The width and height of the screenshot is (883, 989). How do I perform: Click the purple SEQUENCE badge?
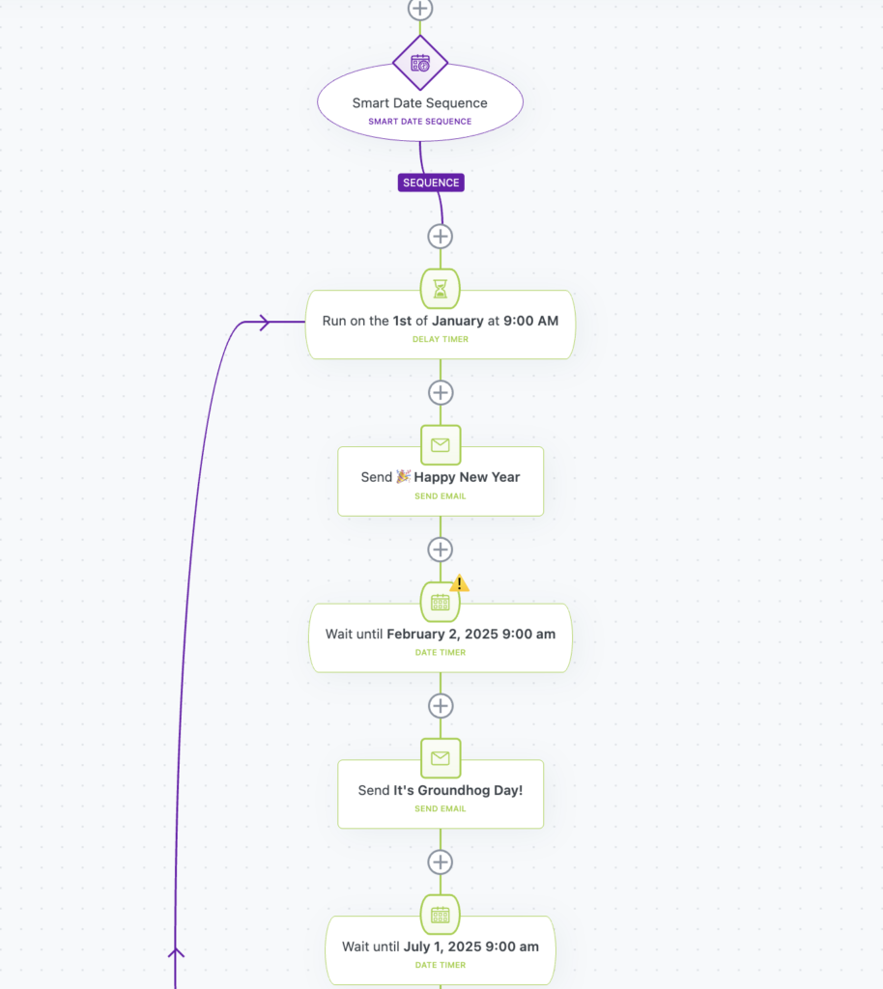tap(431, 183)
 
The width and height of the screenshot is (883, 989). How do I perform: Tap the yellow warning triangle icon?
tap(459, 582)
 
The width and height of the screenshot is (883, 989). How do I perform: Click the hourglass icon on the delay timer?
tap(441, 289)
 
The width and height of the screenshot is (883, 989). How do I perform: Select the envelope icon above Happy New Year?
tap(441, 444)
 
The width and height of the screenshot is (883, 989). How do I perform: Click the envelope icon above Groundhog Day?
tap(441, 757)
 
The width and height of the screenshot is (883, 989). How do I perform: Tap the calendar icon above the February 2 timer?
tap(441, 602)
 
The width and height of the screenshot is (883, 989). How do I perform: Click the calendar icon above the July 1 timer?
tap(441, 915)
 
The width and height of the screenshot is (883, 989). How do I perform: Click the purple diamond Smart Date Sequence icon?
tap(420, 63)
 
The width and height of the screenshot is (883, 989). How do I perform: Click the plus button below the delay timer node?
tap(441, 392)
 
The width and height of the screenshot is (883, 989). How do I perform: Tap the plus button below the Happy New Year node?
tap(441, 550)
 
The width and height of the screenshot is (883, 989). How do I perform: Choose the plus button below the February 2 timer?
tap(441, 706)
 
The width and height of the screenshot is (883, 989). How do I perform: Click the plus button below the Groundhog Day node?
tap(441, 862)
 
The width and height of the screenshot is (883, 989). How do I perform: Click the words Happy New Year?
tap(467, 477)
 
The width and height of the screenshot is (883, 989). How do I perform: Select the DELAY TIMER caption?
tap(441, 339)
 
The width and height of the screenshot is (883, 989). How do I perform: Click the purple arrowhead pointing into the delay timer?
tap(265, 323)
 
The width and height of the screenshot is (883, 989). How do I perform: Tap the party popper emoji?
tap(404, 476)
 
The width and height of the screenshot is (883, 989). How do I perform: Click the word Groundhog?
tap(453, 790)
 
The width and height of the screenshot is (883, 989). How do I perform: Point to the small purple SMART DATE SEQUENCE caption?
tap(420, 121)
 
